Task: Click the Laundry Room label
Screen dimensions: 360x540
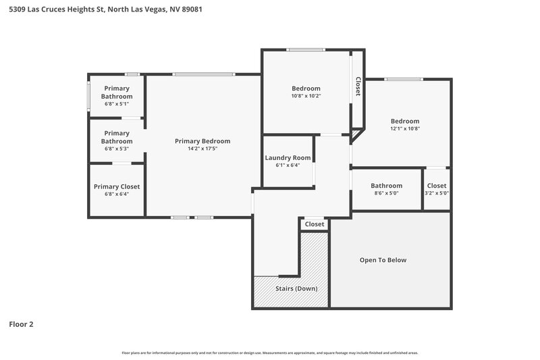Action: tap(288, 157)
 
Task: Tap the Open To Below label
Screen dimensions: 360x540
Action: tap(383, 260)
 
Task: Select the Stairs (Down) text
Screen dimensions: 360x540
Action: tap(296, 288)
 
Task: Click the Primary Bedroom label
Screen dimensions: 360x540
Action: tap(202, 141)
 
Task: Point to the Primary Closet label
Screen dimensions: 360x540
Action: tap(117, 186)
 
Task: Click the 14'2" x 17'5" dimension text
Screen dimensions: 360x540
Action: tap(202, 149)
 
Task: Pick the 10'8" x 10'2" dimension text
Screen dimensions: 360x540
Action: tap(306, 96)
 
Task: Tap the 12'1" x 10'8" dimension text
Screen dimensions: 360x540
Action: tap(404, 128)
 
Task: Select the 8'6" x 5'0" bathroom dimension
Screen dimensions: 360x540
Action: tap(386, 193)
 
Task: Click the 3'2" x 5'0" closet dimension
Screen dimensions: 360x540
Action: tap(437, 193)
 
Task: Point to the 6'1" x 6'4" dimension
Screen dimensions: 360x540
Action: tap(288, 165)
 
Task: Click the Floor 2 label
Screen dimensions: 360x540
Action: tap(21, 324)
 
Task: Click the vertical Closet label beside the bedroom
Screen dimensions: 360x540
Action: tap(358, 86)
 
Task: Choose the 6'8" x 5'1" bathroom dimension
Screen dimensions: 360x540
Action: tap(117, 104)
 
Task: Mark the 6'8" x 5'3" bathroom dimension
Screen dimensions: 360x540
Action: tap(117, 149)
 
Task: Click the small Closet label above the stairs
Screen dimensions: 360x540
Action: tap(315, 224)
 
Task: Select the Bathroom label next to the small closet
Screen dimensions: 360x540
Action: tap(386, 186)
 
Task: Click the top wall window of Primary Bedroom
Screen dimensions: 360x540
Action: tap(203, 74)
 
